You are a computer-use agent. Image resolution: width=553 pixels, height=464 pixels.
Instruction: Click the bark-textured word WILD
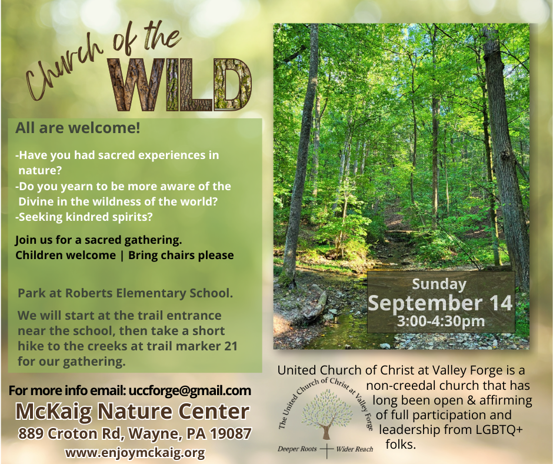point(180,85)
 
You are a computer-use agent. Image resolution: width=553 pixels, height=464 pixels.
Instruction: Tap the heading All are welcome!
point(78,128)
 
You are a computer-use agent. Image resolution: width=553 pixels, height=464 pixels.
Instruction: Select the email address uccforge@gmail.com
point(190,390)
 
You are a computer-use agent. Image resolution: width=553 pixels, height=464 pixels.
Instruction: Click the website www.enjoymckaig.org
point(135,452)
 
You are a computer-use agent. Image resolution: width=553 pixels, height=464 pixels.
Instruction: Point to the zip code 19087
point(231,433)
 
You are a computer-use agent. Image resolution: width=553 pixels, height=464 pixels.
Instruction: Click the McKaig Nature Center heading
point(132,412)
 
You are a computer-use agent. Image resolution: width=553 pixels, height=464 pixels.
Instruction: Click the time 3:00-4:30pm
point(441,322)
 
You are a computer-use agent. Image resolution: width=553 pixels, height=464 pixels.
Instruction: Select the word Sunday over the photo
point(439,284)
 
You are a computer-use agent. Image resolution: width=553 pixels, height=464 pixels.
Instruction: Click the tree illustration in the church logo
point(327,414)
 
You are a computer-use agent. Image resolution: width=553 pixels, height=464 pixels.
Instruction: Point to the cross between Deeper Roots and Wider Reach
point(327,450)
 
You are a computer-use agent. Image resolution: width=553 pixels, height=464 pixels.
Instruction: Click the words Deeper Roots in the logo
point(297,449)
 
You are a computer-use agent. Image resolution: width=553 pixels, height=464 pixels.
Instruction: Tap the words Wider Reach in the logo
point(354,449)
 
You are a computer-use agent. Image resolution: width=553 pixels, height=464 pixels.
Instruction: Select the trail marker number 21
point(231,346)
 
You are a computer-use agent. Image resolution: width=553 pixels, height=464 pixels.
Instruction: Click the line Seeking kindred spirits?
point(84,217)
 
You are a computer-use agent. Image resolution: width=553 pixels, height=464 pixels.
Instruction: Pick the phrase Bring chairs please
point(181,256)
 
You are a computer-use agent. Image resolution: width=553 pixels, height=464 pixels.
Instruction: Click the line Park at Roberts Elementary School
point(125,293)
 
